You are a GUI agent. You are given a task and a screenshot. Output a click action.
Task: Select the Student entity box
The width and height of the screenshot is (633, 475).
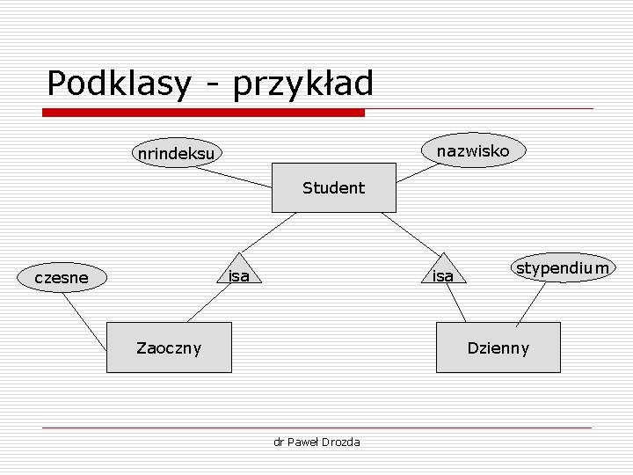(x=333, y=187)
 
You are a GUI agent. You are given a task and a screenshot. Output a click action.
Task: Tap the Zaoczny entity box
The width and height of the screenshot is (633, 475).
(x=169, y=347)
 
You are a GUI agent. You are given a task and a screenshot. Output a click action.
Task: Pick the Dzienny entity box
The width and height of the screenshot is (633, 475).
(x=498, y=347)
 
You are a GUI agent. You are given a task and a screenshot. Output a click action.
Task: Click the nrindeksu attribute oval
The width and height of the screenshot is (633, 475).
(x=176, y=154)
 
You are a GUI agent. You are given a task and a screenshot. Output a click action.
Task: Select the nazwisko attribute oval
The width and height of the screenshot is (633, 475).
(x=473, y=151)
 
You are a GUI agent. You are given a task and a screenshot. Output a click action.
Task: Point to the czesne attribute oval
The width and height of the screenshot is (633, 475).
(x=62, y=278)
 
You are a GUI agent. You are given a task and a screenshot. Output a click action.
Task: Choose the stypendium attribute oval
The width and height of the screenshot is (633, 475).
(x=563, y=267)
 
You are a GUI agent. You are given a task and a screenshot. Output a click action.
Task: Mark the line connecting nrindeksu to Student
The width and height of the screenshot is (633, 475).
(x=233, y=178)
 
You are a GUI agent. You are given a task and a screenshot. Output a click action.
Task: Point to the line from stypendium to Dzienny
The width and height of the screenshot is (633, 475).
(x=530, y=302)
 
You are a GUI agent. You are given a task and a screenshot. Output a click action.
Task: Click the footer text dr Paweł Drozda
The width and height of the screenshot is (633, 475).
(x=316, y=442)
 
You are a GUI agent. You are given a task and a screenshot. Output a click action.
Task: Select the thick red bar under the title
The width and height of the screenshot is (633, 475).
(x=204, y=113)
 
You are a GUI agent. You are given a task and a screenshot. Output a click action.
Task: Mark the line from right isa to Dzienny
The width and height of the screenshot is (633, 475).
(x=456, y=303)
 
